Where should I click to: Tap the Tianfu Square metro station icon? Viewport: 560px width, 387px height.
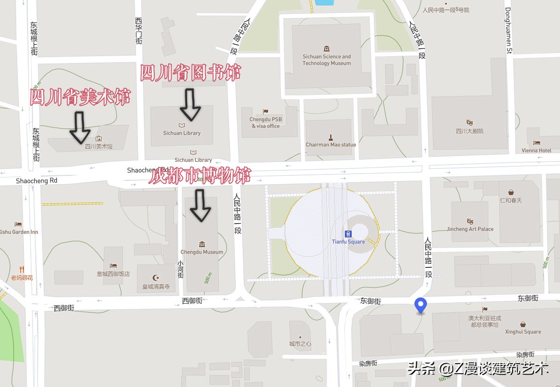point(348,234)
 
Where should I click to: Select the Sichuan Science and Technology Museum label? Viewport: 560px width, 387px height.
point(326,60)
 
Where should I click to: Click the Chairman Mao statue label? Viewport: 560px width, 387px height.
point(331,144)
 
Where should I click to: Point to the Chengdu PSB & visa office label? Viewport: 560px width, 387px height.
point(266,122)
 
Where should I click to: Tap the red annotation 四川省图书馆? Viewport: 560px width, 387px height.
point(190,73)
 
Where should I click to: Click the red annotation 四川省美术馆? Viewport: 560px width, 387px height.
point(80,98)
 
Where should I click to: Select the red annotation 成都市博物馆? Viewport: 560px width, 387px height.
point(200,176)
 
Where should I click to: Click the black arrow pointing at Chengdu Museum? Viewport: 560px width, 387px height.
point(200,206)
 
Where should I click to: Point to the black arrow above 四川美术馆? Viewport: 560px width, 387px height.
point(80,127)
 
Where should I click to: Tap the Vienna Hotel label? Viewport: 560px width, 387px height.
point(537,150)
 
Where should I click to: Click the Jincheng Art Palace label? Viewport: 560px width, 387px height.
point(470,229)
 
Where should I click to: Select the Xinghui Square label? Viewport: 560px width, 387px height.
point(523,331)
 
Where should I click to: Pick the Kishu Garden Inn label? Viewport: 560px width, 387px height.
point(18,232)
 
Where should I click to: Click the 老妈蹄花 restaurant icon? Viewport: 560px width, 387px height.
point(22,270)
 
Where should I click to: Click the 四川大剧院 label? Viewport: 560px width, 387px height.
point(469,131)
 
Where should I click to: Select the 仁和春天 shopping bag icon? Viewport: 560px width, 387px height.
point(511,192)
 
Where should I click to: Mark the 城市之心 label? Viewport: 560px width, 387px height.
point(300,344)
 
